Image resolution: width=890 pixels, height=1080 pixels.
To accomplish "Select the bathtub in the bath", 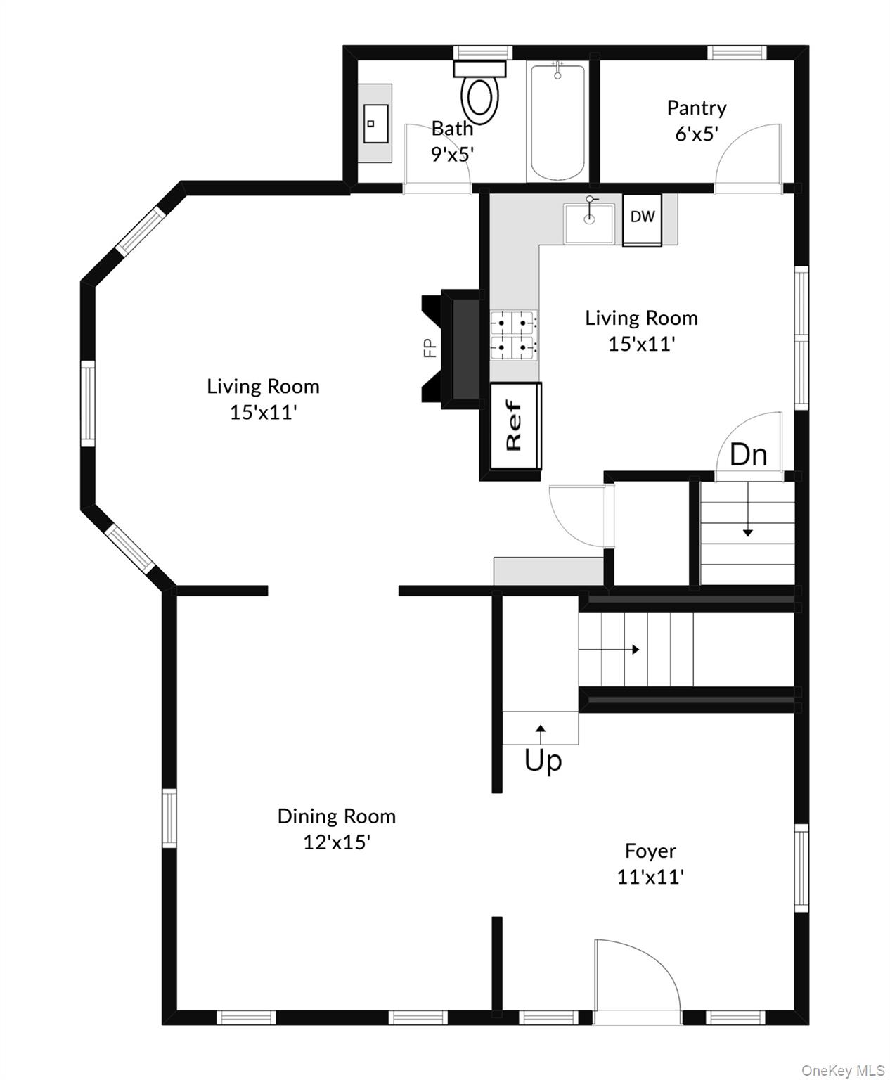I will pyautogui.click(x=557, y=122).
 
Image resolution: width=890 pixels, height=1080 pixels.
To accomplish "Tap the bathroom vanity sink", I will pyautogui.click(x=375, y=124).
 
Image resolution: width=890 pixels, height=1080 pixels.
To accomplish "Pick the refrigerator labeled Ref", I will pyautogui.click(x=515, y=425).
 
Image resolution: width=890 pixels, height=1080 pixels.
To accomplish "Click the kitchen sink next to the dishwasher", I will pyautogui.click(x=589, y=222).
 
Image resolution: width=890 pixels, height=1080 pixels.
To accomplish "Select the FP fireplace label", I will pyautogui.click(x=430, y=348).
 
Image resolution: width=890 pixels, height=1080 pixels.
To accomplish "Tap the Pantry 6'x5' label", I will pyautogui.click(x=696, y=120).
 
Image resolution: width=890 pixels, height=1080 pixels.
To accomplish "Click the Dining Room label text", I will pyautogui.click(x=337, y=816).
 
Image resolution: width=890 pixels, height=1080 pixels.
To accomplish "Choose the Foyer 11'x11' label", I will pyautogui.click(x=650, y=863).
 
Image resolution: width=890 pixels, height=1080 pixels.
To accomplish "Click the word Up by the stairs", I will pyautogui.click(x=543, y=760).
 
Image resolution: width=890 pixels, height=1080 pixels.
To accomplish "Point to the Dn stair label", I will pyautogui.click(x=748, y=455).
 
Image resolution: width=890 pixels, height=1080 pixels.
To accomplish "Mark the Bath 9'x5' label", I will pyautogui.click(x=452, y=141).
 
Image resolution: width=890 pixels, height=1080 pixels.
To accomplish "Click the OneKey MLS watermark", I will pyautogui.click(x=843, y=1070).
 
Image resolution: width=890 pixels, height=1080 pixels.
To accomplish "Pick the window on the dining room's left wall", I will pyautogui.click(x=169, y=818).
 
